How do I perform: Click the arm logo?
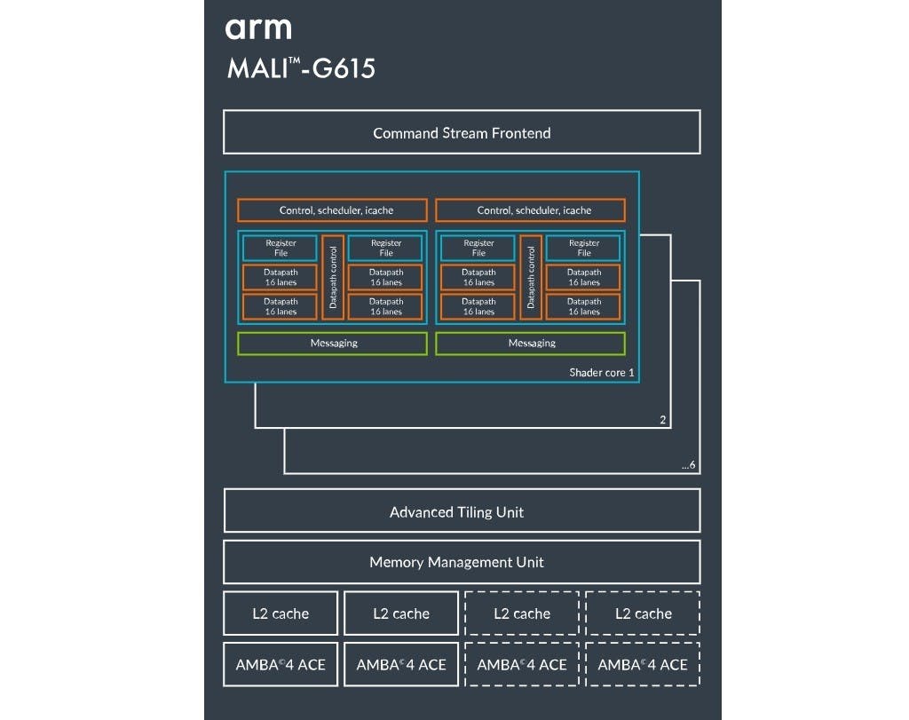coord(258,29)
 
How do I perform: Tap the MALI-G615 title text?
coord(302,68)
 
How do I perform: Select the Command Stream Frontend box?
coord(462,132)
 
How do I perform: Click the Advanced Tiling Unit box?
coord(462,510)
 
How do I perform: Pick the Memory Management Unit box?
coord(462,562)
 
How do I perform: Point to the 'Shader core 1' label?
coord(601,372)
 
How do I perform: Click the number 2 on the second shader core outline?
coord(662,420)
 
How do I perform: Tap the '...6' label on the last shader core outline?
coord(688,465)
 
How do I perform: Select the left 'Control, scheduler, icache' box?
coord(332,210)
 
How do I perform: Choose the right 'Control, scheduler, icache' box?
coord(531,210)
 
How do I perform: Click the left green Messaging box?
coord(332,344)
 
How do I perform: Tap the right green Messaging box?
coord(531,344)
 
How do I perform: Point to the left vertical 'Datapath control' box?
coord(333,277)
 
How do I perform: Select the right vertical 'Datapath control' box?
coord(531,277)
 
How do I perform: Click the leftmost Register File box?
coord(280,248)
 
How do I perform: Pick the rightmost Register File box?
coord(583,248)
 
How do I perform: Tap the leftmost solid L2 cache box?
coord(281,613)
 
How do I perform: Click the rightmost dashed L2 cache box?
coord(643,613)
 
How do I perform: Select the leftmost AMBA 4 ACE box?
coord(281,664)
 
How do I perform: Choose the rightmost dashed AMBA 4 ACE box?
coord(643,664)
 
